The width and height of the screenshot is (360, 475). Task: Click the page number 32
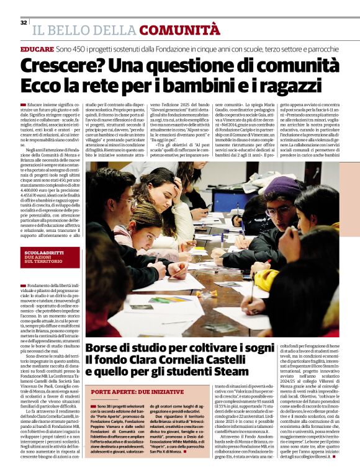click(x=23, y=22)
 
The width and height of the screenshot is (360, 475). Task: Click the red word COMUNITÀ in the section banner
click(x=179, y=29)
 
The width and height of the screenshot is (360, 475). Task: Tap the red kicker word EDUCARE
click(x=37, y=48)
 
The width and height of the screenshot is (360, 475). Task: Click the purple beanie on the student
click(x=283, y=185)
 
